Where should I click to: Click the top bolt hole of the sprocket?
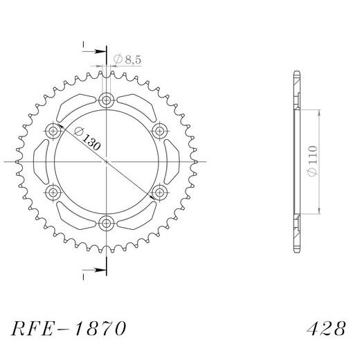coord(106,100)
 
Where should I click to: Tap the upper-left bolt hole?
coord(53,130)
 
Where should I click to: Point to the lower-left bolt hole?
coord(53,191)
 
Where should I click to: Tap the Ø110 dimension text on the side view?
coord(314,161)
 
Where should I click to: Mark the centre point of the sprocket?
coord(106,161)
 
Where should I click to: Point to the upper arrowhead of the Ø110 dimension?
coord(319,111)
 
